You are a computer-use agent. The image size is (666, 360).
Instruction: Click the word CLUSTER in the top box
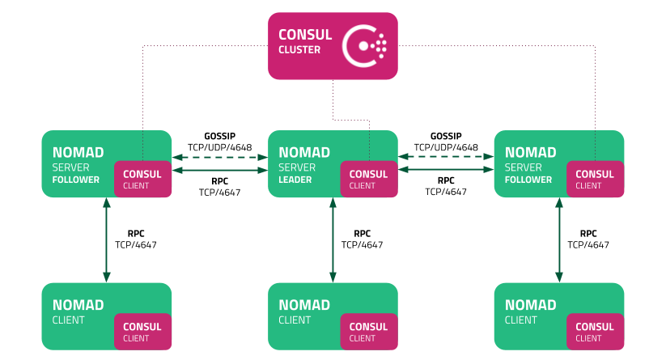click(299, 50)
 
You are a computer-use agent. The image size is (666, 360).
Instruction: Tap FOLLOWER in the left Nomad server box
click(75, 180)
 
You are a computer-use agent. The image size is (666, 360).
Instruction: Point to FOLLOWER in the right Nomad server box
click(528, 180)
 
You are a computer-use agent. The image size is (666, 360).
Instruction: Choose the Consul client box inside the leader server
click(369, 179)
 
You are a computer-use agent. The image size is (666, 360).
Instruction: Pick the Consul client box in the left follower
click(143, 179)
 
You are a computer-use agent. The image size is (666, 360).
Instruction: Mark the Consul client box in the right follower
click(595, 179)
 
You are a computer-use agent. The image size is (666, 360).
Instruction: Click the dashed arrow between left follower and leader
click(219, 158)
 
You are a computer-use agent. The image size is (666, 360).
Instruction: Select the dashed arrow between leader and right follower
click(446, 158)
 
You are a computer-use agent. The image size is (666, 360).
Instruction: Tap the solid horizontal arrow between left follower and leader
click(219, 171)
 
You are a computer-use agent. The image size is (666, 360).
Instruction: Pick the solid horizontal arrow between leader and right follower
click(446, 171)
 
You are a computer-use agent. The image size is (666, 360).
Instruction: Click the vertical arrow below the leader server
click(333, 239)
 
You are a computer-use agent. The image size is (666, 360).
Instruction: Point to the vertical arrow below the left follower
click(106, 239)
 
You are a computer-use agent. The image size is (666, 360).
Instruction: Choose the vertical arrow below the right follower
click(558, 239)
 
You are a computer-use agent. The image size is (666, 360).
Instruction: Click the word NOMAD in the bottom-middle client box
click(304, 305)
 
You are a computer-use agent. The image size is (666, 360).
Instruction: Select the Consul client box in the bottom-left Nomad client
click(143, 331)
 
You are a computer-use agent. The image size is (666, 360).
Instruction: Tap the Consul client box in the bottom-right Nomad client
click(595, 331)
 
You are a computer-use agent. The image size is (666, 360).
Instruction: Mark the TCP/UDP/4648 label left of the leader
click(219, 147)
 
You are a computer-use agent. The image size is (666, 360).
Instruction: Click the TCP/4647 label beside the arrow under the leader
click(363, 244)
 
